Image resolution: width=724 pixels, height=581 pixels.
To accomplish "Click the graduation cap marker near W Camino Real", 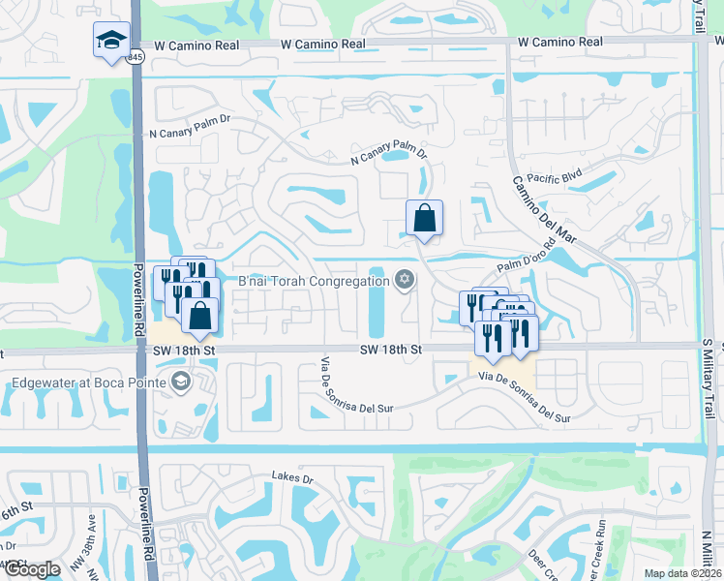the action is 112,41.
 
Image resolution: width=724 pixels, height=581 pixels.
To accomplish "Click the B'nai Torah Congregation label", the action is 314,282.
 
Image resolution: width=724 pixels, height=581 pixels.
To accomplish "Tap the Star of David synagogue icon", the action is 405,281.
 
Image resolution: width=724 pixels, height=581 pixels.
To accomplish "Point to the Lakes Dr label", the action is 293,477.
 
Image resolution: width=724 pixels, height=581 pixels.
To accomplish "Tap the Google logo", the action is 31,569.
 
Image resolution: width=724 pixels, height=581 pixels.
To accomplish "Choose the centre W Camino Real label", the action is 323,44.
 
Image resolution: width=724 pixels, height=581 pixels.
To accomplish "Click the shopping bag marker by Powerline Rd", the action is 199,316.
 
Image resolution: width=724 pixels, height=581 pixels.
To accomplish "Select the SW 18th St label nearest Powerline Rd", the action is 187,348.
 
